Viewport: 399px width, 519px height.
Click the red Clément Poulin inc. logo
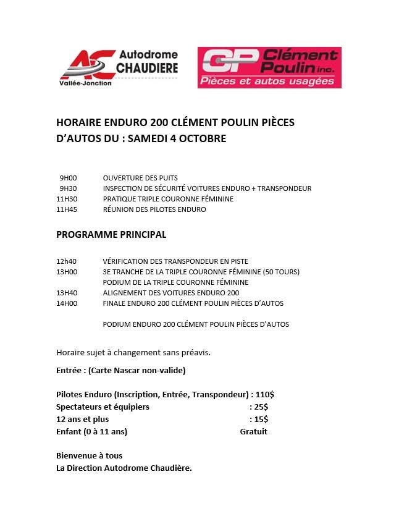(x=269, y=67)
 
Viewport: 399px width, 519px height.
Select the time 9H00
(x=68, y=178)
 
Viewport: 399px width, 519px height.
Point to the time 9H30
(x=68, y=188)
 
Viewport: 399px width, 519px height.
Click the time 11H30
(x=67, y=199)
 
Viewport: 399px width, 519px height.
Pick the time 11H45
(x=67, y=209)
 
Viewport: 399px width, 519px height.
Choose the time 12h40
(x=67, y=261)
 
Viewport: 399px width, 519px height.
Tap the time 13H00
(x=67, y=272)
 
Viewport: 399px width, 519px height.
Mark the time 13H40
(x=67, y=293)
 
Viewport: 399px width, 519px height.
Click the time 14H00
(x=67, y=303)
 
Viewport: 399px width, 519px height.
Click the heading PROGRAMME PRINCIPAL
(x=111, y=235)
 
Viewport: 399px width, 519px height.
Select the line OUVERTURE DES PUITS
(x=140, y=178)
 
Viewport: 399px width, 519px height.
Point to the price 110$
(x=265, y=394)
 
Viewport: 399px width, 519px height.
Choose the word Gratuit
(x=253, y=431)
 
